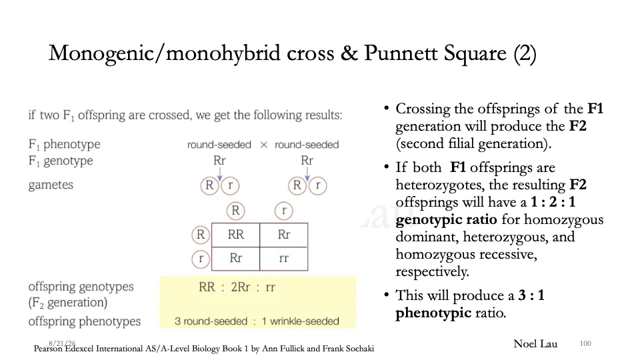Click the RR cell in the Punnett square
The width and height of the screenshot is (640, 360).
[x=235, y=235]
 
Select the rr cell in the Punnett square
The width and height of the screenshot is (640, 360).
[x=284, y=259]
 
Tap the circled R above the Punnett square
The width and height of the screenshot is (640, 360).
[x=235, y=211]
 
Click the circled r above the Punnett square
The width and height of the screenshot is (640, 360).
[x=284, y=211]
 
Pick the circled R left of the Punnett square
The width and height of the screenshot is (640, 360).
[x=201, y=235]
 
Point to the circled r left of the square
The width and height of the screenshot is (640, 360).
[x=201, y=259]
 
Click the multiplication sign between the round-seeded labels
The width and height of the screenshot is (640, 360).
[x=264, y=145]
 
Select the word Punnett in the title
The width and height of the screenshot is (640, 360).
[x=394, y=53]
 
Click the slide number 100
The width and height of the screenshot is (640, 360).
[x=585, y=344]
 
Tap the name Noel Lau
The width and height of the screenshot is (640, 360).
[x=535, y=344]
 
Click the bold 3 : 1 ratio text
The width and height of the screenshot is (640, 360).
[x=531, y=295]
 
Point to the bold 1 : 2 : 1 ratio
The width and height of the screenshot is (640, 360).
[x=553, y=201]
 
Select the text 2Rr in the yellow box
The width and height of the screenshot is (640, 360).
[x=241, y=287]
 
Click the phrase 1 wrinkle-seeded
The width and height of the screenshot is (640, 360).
[x=301, y=321]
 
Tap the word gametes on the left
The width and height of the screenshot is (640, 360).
[x=51, y=185]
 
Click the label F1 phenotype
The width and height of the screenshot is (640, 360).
[x=64, y=144]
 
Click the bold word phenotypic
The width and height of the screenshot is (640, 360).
[x=433, y=313]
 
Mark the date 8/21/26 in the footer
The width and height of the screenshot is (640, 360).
[x=62, y=344]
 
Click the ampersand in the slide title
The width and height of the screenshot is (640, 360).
[x=349, y=53]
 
